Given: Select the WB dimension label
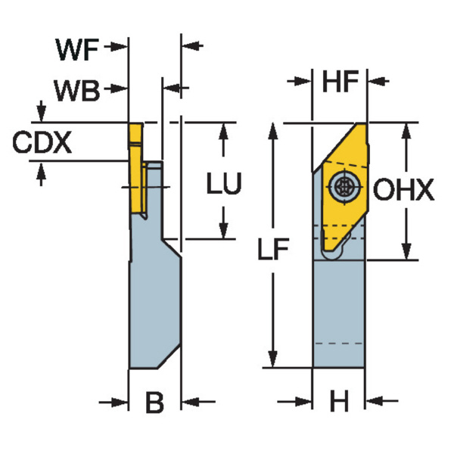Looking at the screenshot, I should pyautogui.click(x=76, y=91).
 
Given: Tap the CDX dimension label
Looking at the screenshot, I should pyautogui.click(x=42, y=141).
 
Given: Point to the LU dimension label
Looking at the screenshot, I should pyautogui.click(x=224, y=184).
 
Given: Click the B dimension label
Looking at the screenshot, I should pyautogui.click(x=154, y=403).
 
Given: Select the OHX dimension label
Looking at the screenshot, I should pyautogui.click(x=406, y=191).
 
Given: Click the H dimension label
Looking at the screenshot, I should pyautogui.click(x=339, y=403).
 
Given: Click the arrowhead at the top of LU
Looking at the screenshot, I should pyautogui.click(x=223, y=130).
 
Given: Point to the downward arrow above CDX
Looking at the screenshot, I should pyautogui.click(x=42, y=113).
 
